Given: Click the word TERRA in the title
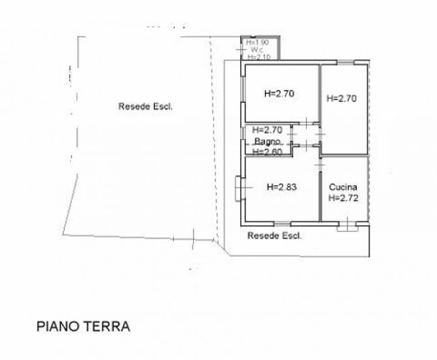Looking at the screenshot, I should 106,326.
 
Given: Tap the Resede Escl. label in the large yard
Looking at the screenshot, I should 145,105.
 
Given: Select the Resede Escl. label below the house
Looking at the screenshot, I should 274,235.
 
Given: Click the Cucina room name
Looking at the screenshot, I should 343,187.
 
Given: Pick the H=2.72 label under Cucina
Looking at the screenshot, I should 343,198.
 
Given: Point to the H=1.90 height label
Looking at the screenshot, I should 257,42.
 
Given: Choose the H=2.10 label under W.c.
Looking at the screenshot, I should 258,57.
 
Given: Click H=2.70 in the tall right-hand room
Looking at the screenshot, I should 342,98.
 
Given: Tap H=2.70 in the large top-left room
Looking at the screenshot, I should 280,93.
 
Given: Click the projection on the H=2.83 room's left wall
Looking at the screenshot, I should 240,188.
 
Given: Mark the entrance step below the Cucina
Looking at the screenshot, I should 346,226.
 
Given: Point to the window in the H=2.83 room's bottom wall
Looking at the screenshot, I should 282,222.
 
